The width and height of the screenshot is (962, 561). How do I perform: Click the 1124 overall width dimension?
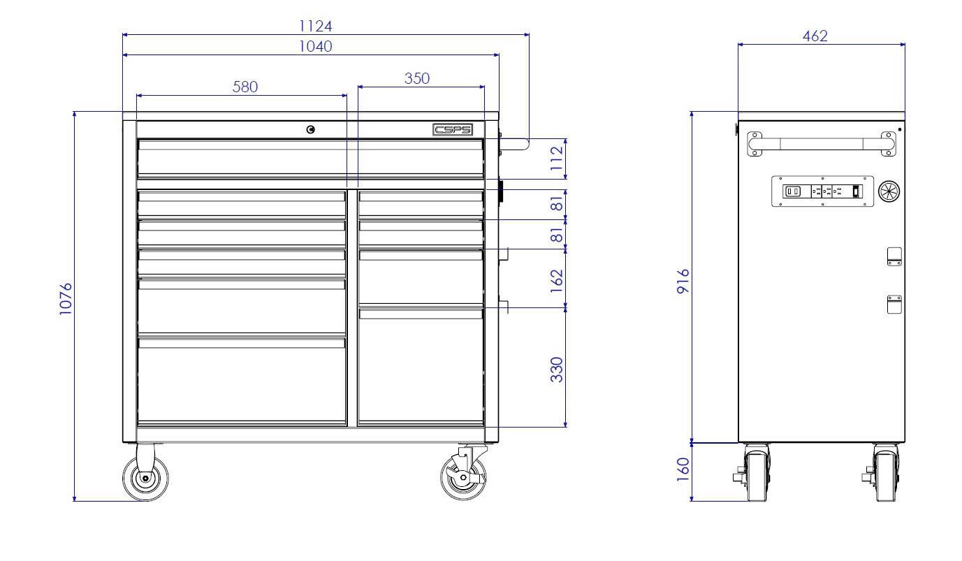(315, 27)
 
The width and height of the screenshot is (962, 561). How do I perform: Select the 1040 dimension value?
(315, 46)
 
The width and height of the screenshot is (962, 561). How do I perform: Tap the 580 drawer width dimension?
(245, 87)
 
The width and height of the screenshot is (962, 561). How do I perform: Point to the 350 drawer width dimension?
(416, 78)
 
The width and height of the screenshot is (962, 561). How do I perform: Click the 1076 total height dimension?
(66, 299)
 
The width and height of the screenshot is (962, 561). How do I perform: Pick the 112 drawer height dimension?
(557, 159)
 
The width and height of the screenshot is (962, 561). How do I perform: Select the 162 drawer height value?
(557, 281)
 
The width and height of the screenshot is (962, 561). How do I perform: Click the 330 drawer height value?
(557, 370)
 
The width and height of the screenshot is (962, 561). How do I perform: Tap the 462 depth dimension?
(815, 36)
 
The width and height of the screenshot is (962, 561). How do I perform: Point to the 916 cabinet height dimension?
(683, 282)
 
